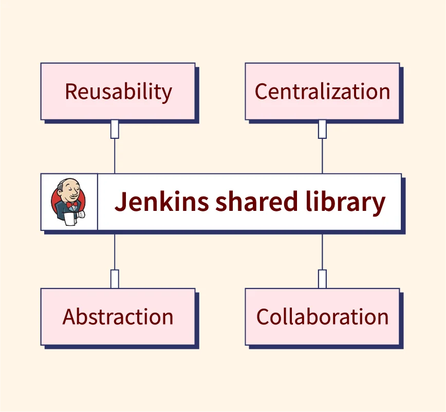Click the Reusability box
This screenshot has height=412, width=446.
[x=118, y=92]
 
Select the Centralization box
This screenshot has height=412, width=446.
[x=322, y=92]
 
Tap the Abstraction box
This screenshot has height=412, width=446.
[x=118, y=316]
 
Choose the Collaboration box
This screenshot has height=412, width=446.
[x=322, y=316]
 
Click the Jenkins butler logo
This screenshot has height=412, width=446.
[x=69, y=202]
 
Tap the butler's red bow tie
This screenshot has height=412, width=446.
[x=71, y=205]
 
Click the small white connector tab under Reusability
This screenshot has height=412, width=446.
[x=115, y=129]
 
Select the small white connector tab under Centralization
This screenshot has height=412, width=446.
[x=322, y=129]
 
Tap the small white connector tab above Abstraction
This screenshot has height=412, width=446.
[x=115, y=279]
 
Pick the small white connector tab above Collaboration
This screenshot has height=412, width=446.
[x=322, y=279]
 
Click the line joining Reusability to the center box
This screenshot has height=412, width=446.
[x=115, y=156]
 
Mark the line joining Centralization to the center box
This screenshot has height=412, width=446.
[x=322, y=156]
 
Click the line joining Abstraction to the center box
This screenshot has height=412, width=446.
[x=115, y=252]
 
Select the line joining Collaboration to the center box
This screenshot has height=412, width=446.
[x=322, y=252]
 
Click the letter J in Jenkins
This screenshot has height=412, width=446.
[x=120, y=202]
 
